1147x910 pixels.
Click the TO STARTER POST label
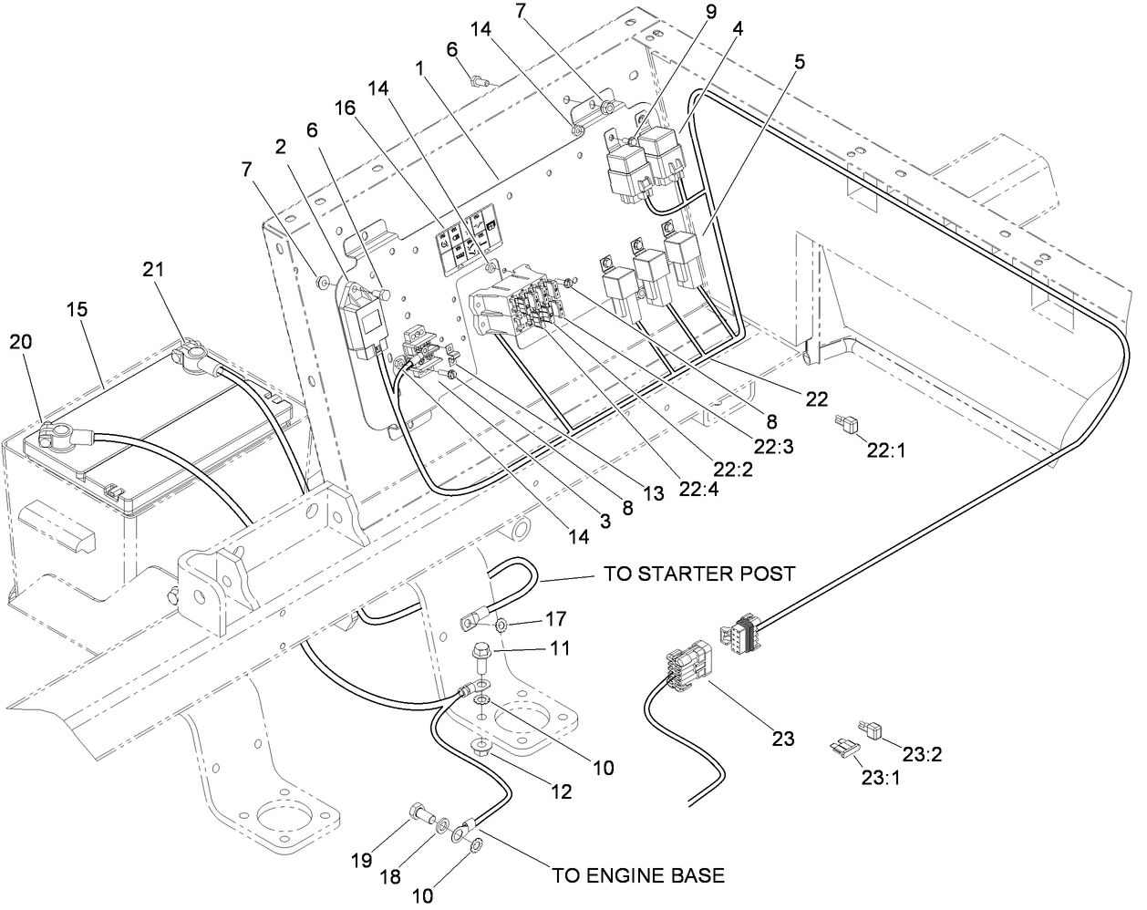[x=699, y=574]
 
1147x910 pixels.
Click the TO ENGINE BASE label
[x=638, y=875]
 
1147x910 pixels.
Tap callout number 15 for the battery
[x=77, y=310]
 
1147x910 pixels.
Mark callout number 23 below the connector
[x=782, y=738]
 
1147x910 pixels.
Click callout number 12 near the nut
[x=561, y=792]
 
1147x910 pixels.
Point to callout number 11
[x=561, y=648]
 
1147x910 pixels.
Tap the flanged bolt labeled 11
[x=482, y=655]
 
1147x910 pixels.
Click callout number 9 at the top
[x=709, y=13]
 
